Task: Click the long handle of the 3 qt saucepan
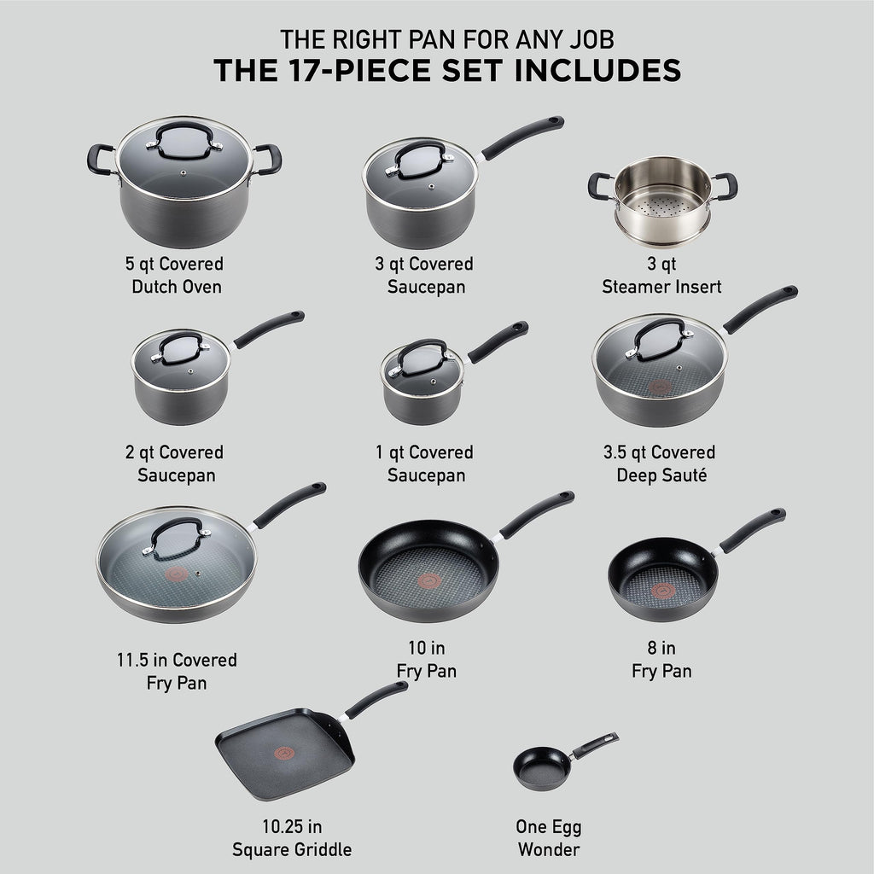click(522, 137)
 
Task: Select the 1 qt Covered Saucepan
click(422, 384)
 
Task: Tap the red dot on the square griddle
click(277, 754)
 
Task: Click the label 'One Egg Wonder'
click(548, 838)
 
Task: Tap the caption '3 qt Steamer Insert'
click(661, 275)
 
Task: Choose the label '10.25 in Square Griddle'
click(292, 838)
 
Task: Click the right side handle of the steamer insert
click(725, 184)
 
